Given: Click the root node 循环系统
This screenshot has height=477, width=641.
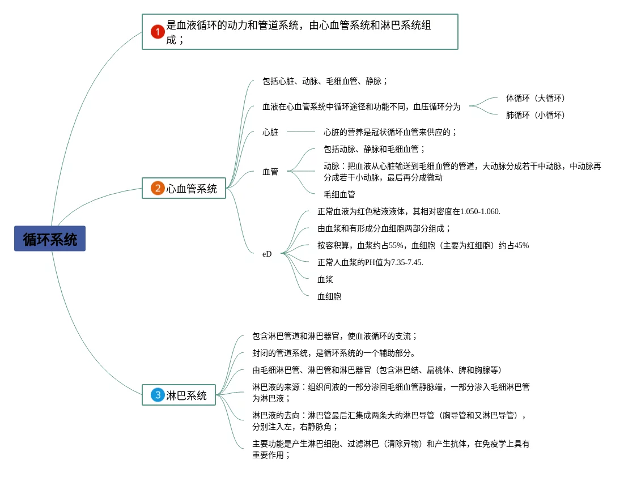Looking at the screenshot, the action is point(50,238).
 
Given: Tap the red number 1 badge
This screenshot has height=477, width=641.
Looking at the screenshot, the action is point(158,32).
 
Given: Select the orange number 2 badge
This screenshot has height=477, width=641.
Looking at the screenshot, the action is point(158,188).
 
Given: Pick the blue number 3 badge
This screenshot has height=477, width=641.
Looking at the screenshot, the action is point(158,395).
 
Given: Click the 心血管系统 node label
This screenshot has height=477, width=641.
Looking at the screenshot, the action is point(192,189).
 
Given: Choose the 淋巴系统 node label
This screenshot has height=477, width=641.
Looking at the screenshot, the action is point(186,395).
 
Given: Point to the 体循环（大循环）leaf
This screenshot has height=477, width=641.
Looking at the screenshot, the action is point(536,98).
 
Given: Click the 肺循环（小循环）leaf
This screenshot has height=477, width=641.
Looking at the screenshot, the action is point(536,115).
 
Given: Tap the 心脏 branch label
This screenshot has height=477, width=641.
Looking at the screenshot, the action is point(270,132).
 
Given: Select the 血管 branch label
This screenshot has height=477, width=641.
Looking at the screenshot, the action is point(270,172).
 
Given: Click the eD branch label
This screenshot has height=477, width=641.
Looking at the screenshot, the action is point(267,254).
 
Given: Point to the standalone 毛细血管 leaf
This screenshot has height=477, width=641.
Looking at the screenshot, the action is point(339,194).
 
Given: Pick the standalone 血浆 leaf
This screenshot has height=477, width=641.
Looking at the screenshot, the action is point(325,279).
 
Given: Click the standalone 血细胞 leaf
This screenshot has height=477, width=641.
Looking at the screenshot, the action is point(329,296).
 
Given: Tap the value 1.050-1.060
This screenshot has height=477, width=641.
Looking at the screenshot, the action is point(480,211).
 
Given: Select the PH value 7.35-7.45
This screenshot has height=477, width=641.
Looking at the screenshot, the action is point(407,262).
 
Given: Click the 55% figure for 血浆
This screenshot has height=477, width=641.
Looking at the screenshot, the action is point(396,245).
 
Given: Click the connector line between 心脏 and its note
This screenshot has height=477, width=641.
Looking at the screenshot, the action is point(300,131).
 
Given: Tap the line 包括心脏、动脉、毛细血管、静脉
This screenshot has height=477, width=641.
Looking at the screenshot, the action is point(325,81).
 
